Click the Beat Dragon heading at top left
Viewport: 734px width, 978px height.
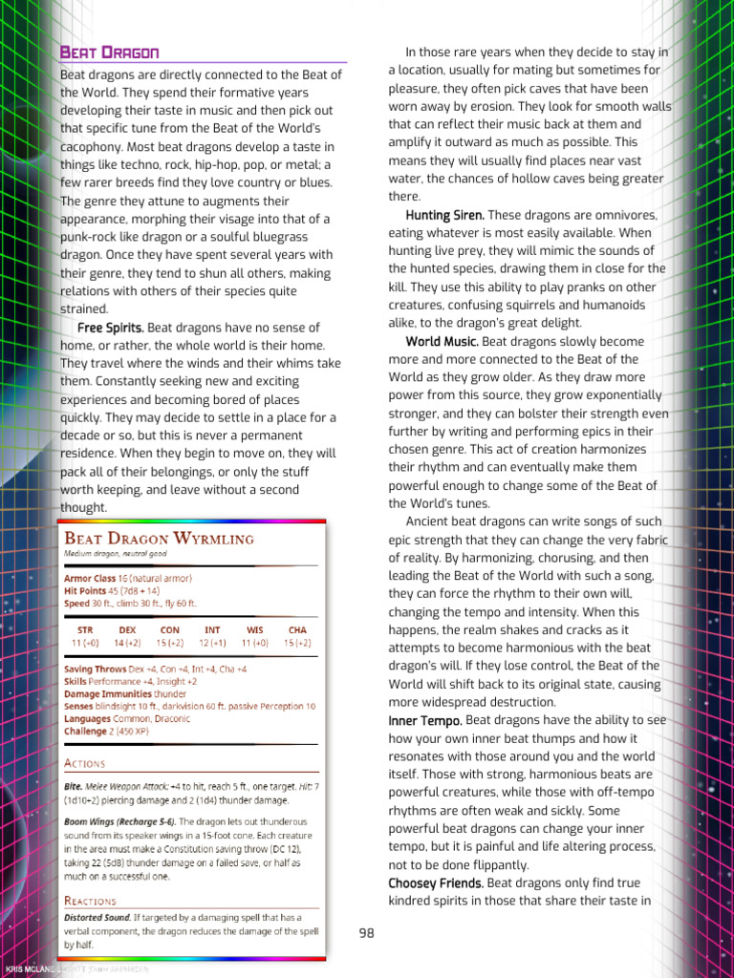[x=109, y=52]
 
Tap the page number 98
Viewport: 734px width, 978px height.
[x=367, y=933]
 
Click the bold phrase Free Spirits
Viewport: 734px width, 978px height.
[x=111, y=328]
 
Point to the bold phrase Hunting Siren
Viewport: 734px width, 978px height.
[x=444, y=215]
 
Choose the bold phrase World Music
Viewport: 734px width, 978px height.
[x=442, y=341]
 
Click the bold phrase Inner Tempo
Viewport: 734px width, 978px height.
[x=425, y=720]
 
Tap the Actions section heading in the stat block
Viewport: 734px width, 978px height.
[x=84, y=763]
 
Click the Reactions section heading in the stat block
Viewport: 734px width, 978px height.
[x=90, y=901]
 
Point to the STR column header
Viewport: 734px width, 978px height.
[x=85, y=630]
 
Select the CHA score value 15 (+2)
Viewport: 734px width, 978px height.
[x=297, y=644]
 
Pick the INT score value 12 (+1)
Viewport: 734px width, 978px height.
[x=212, y=644]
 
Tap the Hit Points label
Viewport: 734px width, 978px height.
[x=86, y=591]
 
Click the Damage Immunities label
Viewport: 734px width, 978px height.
[x=105, y=693]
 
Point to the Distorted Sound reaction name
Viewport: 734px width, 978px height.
[x=97, y=917]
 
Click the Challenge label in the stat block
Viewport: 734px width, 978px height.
[x=85, y=731]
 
